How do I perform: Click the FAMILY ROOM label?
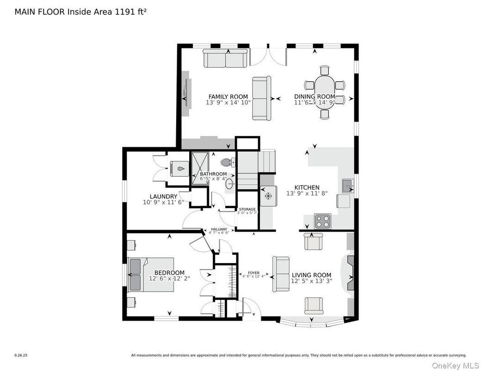point(228,96)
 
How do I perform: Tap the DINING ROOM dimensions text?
point(314,102)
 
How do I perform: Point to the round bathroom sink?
point(230,185)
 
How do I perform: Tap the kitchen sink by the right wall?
point(348,186)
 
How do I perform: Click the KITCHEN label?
point(303,187)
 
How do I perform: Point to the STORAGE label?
point(247,209)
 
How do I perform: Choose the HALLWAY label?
point(219,229)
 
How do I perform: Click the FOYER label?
point(253,273)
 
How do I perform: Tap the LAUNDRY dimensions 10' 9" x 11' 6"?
point(163,202)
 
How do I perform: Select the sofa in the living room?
point(281,274)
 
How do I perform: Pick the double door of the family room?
point(268,56)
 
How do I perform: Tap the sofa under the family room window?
point(225,59)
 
